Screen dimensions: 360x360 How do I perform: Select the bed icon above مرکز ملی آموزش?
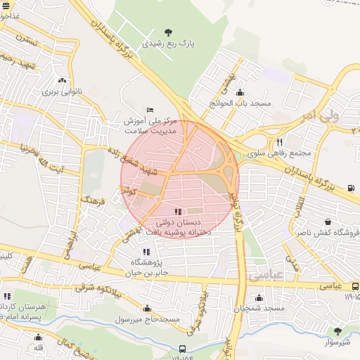(x=149, y=110)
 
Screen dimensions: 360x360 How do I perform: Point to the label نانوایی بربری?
(x=63, y=91)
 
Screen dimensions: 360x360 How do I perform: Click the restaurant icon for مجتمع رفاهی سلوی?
(x=279, y=142)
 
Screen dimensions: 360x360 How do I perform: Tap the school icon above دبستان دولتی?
(x=176, y=211)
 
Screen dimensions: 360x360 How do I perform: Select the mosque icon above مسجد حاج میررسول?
(x=147, y=308)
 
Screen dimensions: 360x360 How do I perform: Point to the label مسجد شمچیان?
(x=259, y=309)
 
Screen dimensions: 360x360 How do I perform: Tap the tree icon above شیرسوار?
(x=337, y=330)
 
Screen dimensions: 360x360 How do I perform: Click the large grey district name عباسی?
(x=265, y=275)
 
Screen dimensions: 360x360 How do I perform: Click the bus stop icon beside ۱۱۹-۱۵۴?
(x=184, y=349)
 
